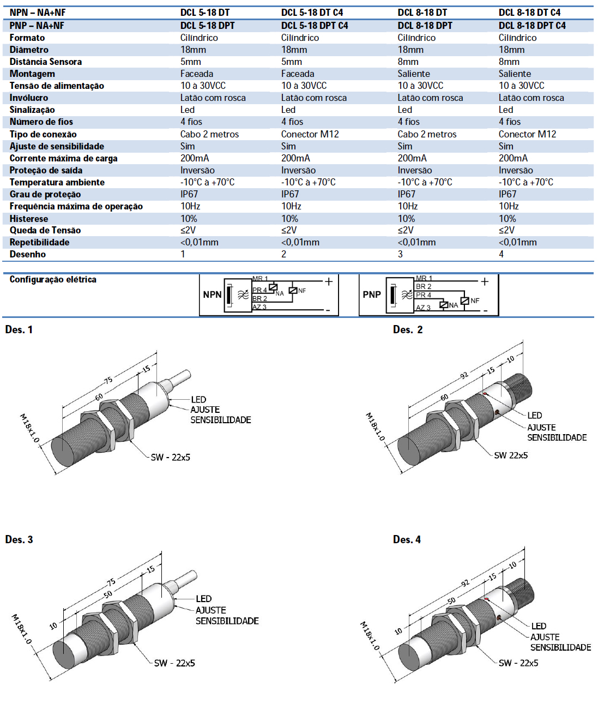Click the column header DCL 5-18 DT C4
(x=312, y=13)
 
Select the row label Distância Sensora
(x=45, y=62)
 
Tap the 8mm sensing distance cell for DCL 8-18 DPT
(x=408, y=62)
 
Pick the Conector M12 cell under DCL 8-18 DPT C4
(x=527, y=134)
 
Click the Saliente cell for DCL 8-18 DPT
(x=413, y=74)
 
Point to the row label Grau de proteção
(x=45, y=194)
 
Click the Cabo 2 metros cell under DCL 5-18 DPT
(x=209, y=134)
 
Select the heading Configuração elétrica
(x=53, y=279)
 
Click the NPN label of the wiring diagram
(x=212, y=295)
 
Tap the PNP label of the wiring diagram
(x=372, y=295)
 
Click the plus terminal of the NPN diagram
(x=329, y=281)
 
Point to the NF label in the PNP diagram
(x=475, y=301)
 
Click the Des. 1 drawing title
(x=19, y=329)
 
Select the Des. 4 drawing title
(x=407, y=539)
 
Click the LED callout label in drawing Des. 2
(x=534, y=416)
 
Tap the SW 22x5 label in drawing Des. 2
(x=511, y=455)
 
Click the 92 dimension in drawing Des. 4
(x=465, y=583)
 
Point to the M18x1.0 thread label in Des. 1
(x=29, y=428)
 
